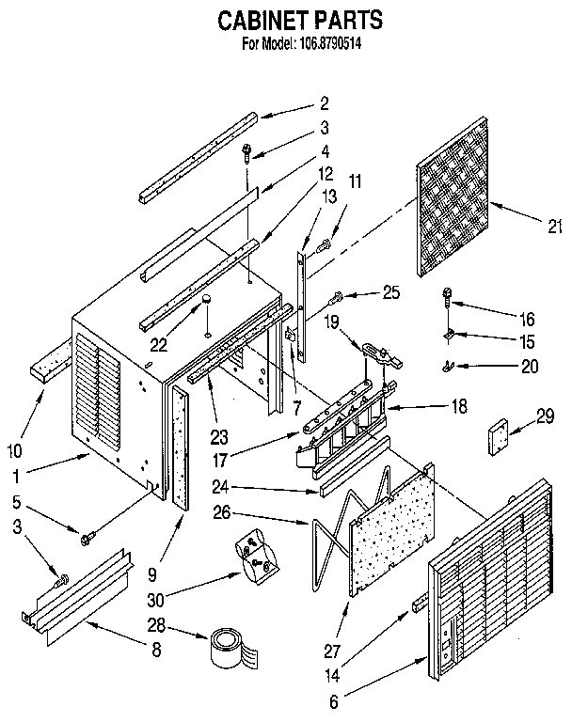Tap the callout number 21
(x=554, y=224)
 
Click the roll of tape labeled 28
(x=227, y=647)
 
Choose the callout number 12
(x=300, y=173)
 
